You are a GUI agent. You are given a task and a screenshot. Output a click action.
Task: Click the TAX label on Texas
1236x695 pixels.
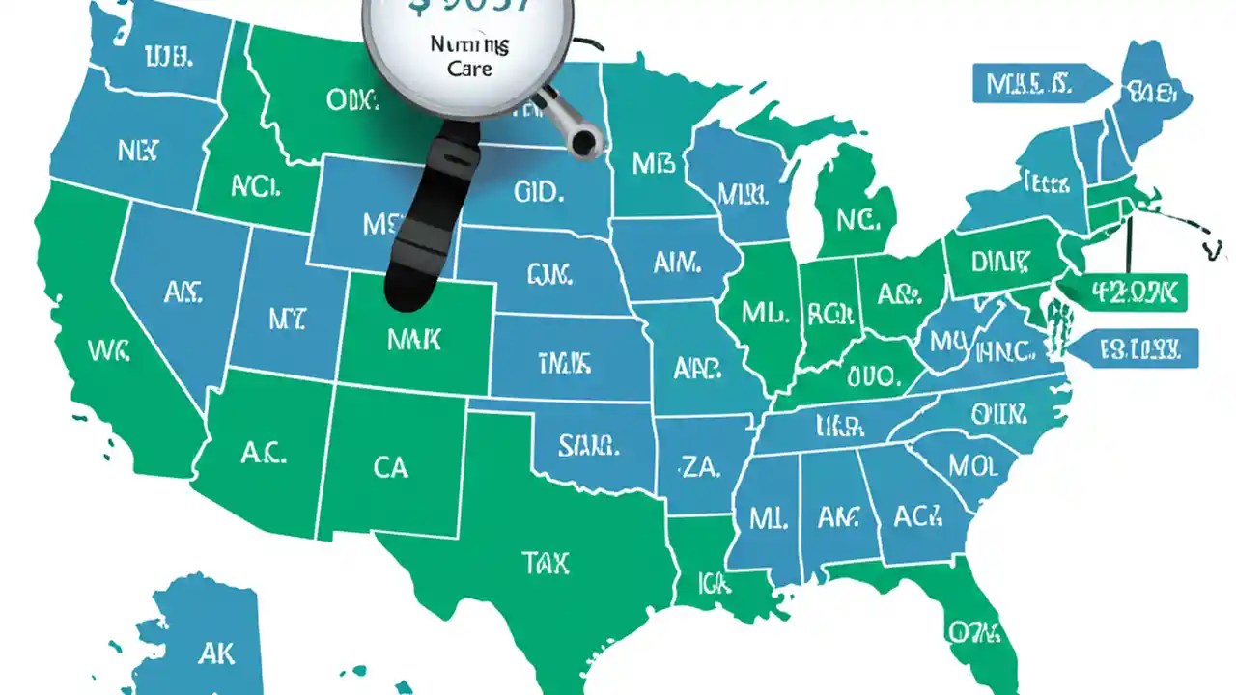(x=546, y=562)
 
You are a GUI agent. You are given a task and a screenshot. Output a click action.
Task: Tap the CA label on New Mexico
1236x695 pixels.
(x=390, y=468)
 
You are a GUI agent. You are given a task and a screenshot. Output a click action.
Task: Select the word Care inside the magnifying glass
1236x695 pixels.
(x=469, y=69)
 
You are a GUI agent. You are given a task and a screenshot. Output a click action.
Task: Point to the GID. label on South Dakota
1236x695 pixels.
(x=538, y=192)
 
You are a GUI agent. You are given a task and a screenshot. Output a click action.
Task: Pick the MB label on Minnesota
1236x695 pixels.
(x=653, y=163)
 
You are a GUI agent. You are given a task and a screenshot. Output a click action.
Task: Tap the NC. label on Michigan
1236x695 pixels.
(x=858, y=221)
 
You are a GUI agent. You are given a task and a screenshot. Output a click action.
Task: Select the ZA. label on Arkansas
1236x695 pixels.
(x=700, y=469)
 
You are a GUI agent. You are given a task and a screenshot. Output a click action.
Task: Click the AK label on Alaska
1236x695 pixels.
(x=215, y=653)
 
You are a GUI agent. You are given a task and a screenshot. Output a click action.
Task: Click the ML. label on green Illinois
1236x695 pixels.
(x=766, y=313)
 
